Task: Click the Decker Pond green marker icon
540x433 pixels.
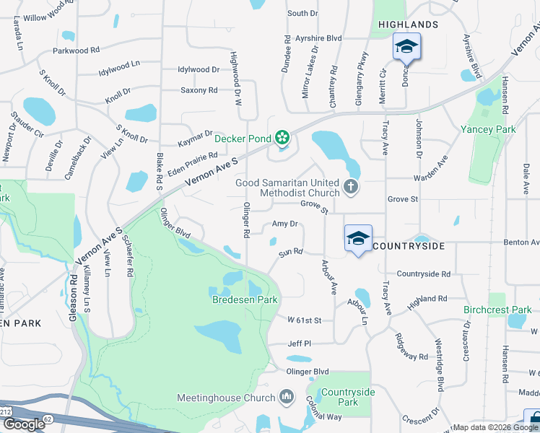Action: click(282, 137)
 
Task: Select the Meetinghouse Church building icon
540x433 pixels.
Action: click(287, 396)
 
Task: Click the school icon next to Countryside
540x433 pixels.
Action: click(357, 237)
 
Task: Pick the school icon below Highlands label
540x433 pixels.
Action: click(406, 47)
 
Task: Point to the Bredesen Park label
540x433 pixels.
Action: click(245, 299)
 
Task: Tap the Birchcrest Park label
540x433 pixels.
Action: click(497, 310)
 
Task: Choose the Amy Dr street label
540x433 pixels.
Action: click(284, 224)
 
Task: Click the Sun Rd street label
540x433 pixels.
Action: click(290, 252)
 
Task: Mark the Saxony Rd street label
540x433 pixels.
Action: click(199, 91)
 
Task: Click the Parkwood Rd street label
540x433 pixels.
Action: click(76, 51)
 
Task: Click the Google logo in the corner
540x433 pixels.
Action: click(24, 424)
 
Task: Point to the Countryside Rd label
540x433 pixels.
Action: click(423, 274)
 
